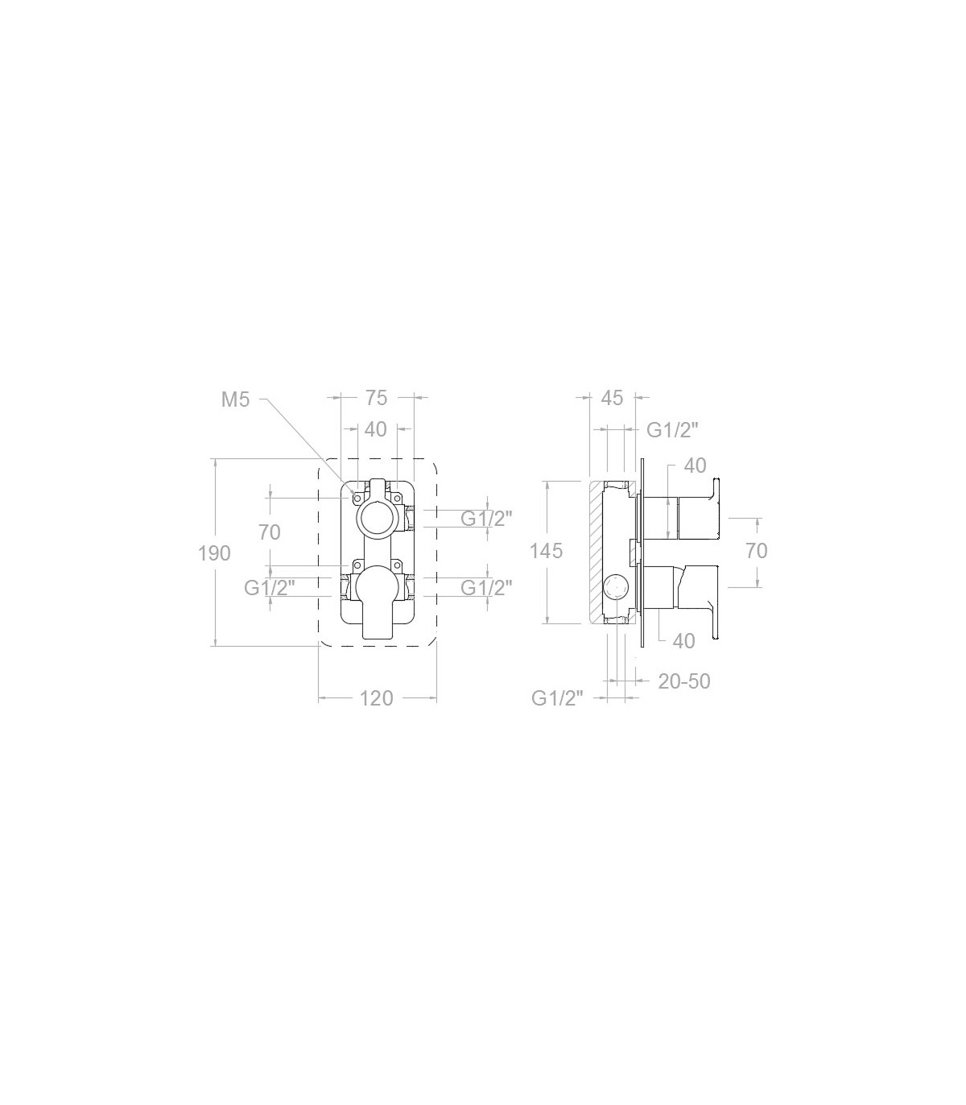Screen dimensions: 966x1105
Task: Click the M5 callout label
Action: pos(235,400)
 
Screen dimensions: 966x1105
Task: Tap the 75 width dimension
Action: pos(376,398)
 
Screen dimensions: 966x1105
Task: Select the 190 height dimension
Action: pos(214,553)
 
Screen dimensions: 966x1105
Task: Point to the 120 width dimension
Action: pos(376,699)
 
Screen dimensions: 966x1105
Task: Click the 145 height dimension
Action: pos(546,551)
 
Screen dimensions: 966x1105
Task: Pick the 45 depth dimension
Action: pos(612,398)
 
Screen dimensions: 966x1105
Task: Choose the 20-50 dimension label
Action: pos(683,681)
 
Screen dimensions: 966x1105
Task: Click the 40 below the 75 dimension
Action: pos(376,429)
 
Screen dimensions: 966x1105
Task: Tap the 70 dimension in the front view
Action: pos(270,532)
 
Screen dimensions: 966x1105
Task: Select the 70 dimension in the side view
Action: pos(756,551)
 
